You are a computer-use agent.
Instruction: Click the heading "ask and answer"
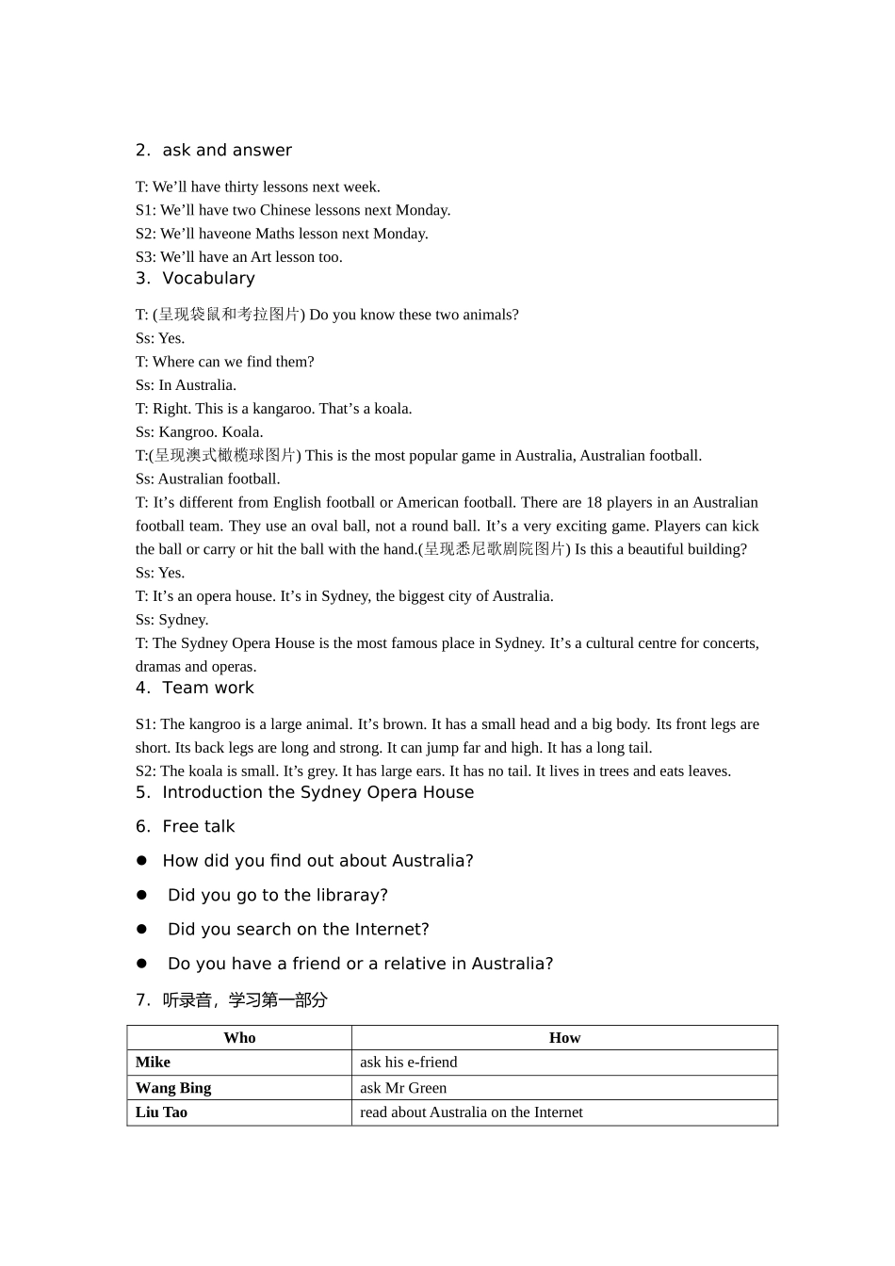click(x=226, y=151)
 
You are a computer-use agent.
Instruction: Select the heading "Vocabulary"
click(x=208, y=279)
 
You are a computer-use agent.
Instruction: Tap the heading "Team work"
click(x=207, y=689)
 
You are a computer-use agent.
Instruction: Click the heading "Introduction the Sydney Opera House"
click(x=317, y=793)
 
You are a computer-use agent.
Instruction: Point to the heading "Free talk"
click(x=198, y=827)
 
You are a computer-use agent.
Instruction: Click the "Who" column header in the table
click(x=239, y=1038)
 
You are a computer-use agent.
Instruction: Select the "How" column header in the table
click(x=564, y=1038)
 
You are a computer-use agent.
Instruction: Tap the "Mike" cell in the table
click(x=153, y=1063)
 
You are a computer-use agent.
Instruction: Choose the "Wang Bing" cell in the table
click(x=173, y=1088)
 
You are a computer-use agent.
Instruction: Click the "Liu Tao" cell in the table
click(x=161, y=1112)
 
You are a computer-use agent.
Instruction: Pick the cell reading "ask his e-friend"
click(x=408, y=1063)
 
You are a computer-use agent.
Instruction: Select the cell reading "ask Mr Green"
click(x=403, y=1088)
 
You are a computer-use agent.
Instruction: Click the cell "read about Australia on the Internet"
click(x=471, y=1112)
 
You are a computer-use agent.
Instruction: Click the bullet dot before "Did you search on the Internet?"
click(x=142, y=929)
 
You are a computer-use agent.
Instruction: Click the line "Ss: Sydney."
click(x=172, y=620)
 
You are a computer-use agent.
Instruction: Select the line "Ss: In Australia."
click(x=186, y=385)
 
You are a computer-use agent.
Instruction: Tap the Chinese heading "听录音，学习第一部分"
click(x=244, y=1000)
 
